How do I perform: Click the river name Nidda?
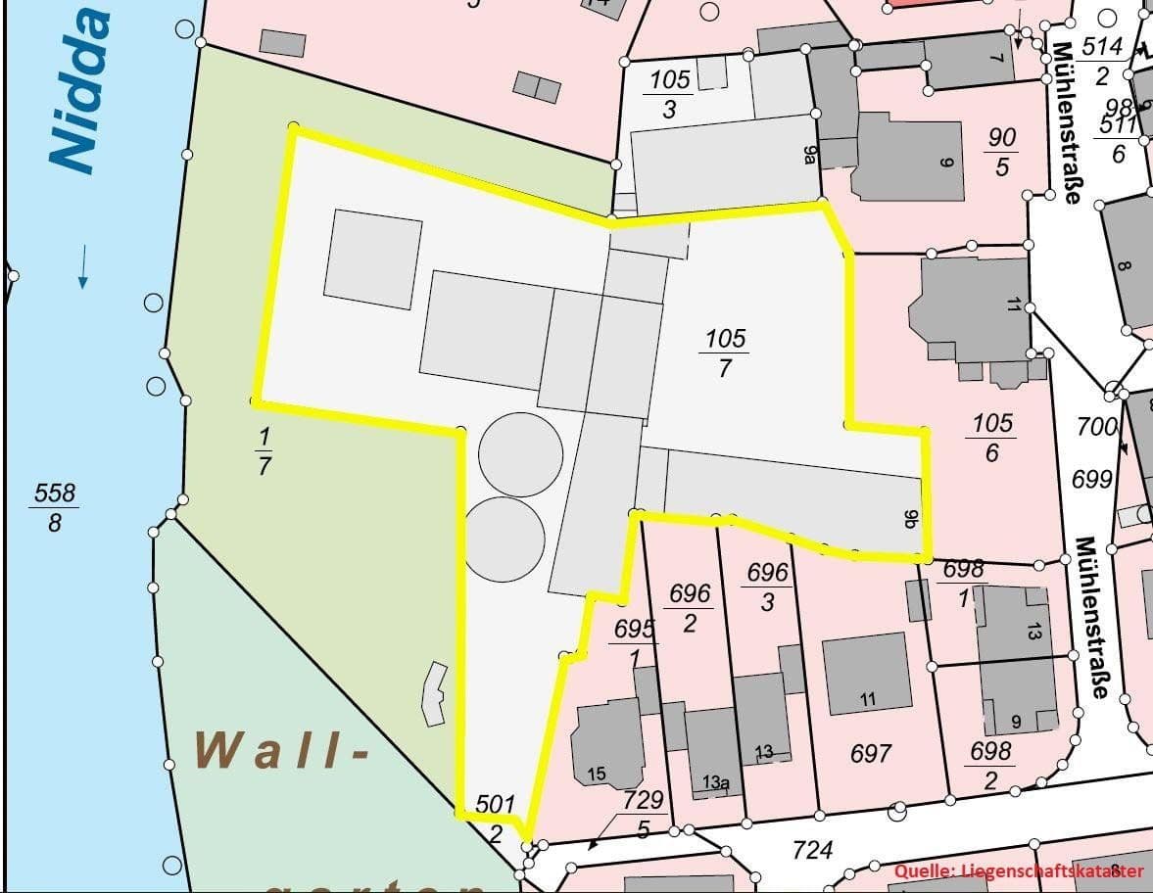coord(80,93)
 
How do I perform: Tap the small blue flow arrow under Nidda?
coord(83,266)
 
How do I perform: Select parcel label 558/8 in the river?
coord(55,507)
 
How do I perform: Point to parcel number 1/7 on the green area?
coord(264,450)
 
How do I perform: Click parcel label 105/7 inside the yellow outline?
coord(725,352)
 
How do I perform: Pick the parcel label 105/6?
coord(992,438)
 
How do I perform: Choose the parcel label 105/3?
coord(669,94)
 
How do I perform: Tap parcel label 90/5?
coord(1001,152)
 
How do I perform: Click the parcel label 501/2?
coord(496,819)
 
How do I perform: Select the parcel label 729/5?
coord(644,814)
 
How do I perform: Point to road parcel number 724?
coord(812,849)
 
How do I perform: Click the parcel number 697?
coord(871,753)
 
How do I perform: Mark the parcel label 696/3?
coord(767,586)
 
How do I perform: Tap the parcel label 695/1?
coord(635,642)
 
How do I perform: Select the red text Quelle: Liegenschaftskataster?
coord(1019,870)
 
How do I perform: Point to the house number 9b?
coord(908,519)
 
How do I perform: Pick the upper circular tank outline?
coord(521,454)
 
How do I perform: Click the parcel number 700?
coord(1097,427)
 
